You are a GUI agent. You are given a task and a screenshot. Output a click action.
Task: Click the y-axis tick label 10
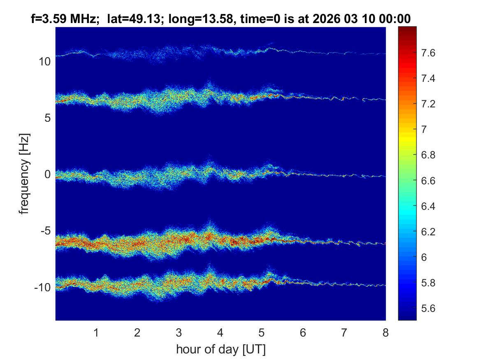pos(44,62)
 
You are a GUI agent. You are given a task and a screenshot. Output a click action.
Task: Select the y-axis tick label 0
pos(46,174)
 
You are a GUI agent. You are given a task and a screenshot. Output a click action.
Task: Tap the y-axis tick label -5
pos(44,231)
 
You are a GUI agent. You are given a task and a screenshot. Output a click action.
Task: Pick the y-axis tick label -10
pos(42,287)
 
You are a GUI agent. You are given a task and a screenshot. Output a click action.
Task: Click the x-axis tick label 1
pos(96,332)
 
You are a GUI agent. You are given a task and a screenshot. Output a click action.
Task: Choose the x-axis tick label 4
pos(220,332)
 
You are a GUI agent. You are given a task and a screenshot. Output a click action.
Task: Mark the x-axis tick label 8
pos(385,332)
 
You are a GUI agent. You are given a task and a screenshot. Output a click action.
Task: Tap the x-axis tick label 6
pos(303,332)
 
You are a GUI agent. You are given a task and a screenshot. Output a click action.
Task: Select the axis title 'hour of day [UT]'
pos(220,350)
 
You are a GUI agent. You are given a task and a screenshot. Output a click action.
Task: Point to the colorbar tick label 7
pos(427,130)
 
